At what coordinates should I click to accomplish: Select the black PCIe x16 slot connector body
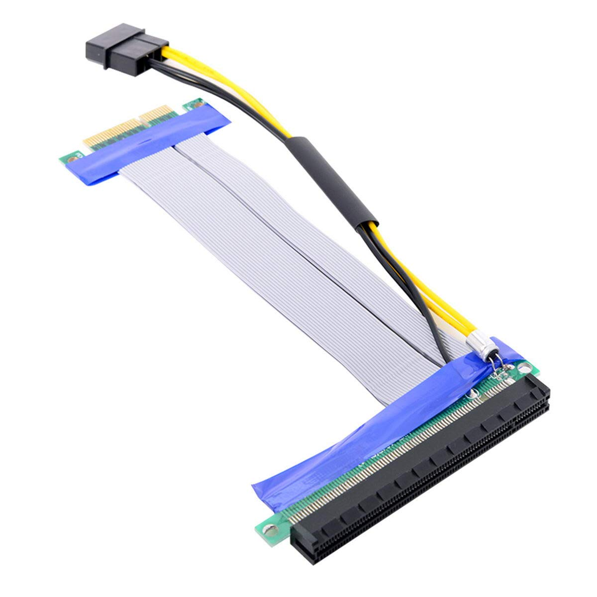(x=423, y=478)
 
